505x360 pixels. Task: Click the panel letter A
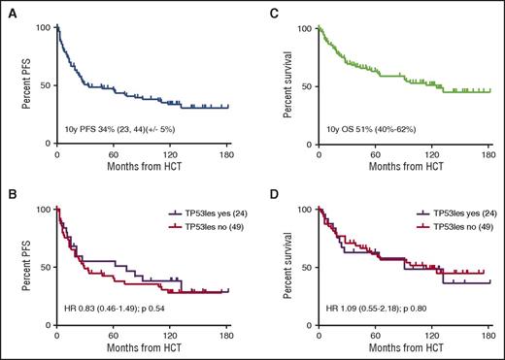[7, 11]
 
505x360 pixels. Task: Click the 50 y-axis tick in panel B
[44, 267]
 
